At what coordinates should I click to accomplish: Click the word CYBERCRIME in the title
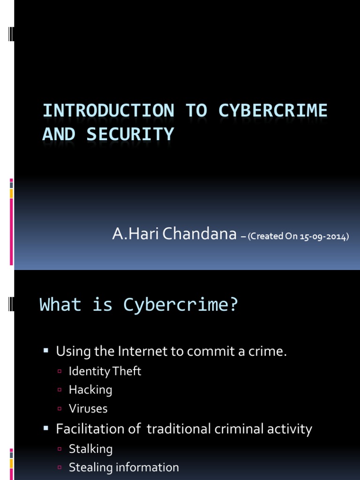coord(273,111)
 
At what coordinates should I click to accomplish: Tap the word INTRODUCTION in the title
coord(108,111)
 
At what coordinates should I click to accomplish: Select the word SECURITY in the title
coord(130,134)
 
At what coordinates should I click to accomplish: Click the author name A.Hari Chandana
coord(174,234)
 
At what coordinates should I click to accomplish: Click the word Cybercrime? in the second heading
coord(181,305)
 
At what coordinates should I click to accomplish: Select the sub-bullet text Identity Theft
coord(105,371)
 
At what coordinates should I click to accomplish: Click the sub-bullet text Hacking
coord(90,390)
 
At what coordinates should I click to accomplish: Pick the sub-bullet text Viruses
coord(88,408)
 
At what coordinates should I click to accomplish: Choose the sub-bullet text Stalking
coord(90,449)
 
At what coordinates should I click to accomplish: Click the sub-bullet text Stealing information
coord(124,467)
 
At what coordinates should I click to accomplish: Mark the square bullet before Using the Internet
coord(46,351)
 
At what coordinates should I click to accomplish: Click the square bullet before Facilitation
coord(46,428)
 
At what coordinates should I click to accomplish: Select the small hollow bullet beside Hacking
coord(60,390)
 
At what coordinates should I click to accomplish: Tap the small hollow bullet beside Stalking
coord(60,450)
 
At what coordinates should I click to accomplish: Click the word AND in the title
coord(59,134)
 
